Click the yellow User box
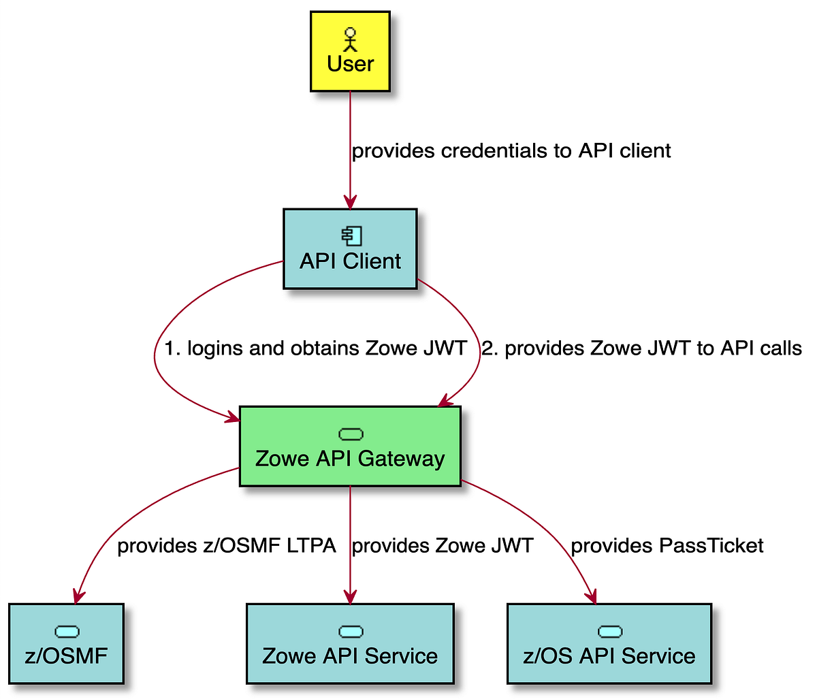click(350, 51)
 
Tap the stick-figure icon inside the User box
click(350, 39)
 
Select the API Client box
click(350, 249)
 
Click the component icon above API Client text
click(352, 236)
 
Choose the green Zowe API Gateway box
click(350, 446)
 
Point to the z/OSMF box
click(66, 643)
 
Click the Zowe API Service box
click(350, 643)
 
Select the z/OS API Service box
click(609, 643)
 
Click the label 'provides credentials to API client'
click(511, 150)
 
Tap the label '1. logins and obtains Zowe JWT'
click(315, 348)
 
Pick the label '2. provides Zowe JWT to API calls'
click(642, 348)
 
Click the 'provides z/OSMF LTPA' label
click(227, 546)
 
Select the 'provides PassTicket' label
click(667, 546)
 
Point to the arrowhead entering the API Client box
click(350, 202)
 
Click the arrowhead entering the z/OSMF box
click(78, 596)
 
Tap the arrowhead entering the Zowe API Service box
click(350, 597)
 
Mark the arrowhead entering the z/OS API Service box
click(592, 596)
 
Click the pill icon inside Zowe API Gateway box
click(351, 434)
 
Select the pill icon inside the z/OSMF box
click(67, 632)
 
